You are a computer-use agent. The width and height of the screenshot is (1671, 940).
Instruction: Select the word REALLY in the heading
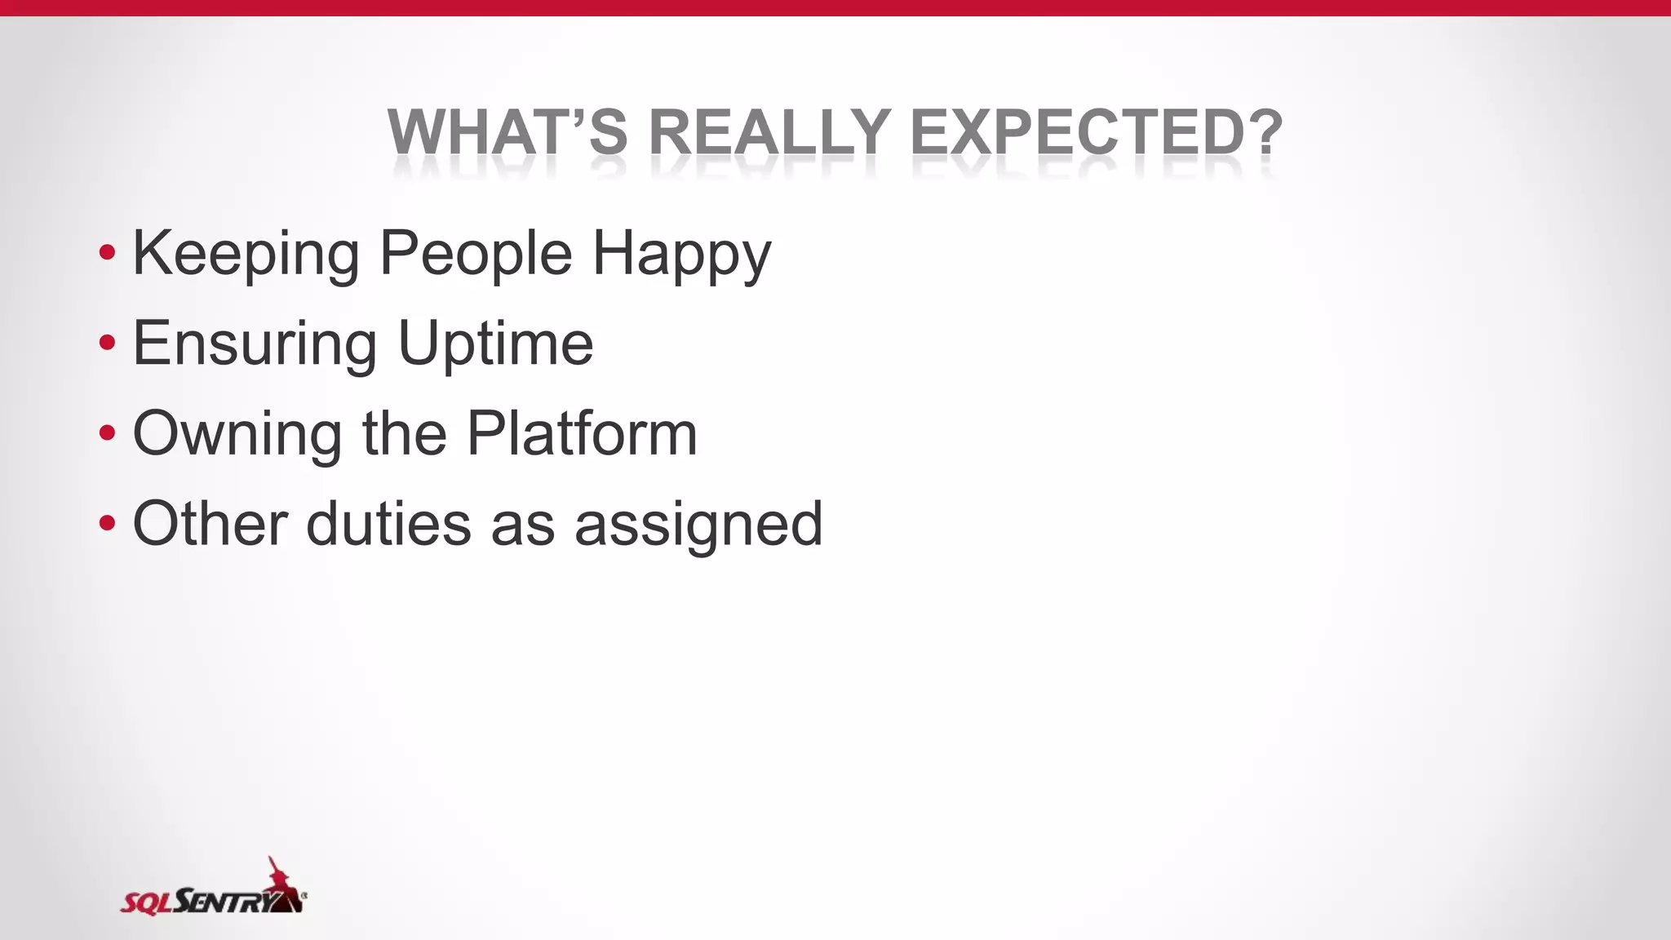coord(769,132)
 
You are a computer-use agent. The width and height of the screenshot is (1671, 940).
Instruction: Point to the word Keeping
coord(246,255)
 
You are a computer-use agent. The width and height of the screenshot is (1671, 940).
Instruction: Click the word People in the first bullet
coord(476,255)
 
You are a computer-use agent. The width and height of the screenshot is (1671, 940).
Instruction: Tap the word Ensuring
coord(255,345)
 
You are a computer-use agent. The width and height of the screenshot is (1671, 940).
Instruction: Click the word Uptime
coord(495,345)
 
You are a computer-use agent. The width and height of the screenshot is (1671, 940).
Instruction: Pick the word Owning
coord(237,435)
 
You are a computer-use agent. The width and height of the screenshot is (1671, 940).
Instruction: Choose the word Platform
coord(582,433)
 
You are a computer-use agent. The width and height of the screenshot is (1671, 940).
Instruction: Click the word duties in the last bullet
coord(388,524)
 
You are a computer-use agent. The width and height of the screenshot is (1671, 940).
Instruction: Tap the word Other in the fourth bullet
coord(210,524)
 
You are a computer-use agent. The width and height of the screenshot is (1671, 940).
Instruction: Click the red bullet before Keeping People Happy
coord(107,253)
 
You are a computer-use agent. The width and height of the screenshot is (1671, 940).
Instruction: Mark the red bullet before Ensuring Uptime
coord(107,343)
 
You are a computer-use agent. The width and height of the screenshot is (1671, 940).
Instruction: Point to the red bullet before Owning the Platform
coord(107,433)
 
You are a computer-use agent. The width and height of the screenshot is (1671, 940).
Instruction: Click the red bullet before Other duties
coord(107,523)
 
